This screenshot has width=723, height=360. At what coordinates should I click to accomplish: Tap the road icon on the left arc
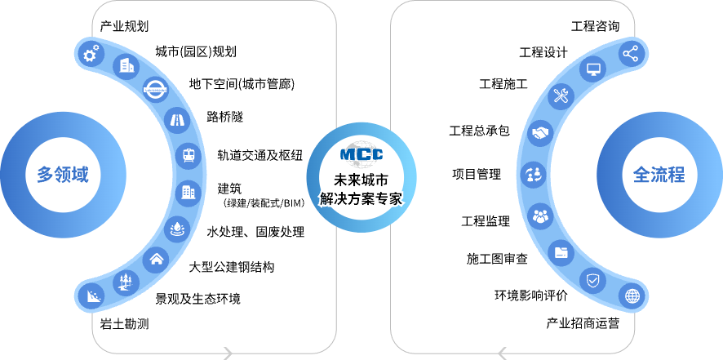coord(175,121)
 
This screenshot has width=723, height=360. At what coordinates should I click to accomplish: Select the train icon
coord(189,156)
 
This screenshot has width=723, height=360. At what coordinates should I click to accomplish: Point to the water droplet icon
coord(176,229)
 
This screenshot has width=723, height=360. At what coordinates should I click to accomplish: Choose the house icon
coord(156,260)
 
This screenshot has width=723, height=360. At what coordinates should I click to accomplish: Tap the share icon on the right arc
coord(631,54)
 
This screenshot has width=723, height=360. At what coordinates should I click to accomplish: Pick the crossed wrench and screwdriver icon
coord(561,97)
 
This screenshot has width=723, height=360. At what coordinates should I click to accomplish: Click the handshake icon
coord(540,132)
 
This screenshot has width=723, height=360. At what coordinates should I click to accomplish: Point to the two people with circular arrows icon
coord(533,174)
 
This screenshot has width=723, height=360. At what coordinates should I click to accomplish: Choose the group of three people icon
coord(540,216)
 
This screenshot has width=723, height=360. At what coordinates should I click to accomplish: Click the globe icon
coord(632,296)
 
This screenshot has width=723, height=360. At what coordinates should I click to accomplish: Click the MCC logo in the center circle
coord(361,154)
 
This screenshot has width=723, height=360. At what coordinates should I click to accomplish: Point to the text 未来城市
coord(361,180)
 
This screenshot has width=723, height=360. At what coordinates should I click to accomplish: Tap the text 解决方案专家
coord(361,198)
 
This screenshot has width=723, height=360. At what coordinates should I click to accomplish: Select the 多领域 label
coord(63,175)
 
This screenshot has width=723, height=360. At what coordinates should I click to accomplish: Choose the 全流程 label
coord(659,175)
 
